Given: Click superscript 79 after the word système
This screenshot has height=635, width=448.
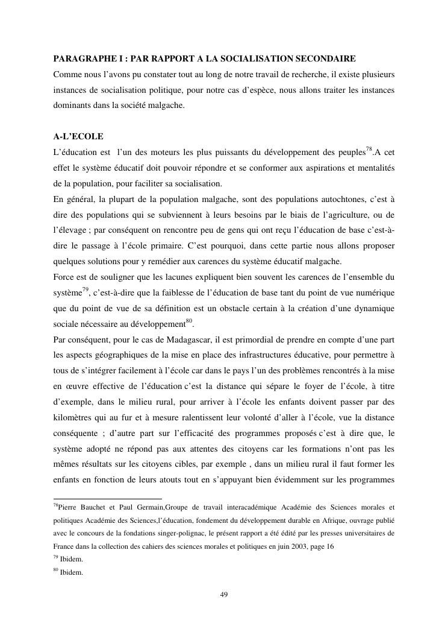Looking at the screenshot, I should pos(86,289).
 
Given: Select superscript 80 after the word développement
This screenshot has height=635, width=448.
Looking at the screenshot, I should pos(189,320).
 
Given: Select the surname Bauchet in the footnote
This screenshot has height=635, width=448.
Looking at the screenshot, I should pos(94,507).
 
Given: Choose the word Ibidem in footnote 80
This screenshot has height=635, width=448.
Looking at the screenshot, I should pos(71,573).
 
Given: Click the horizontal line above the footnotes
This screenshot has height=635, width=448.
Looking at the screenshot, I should pos(108,498).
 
